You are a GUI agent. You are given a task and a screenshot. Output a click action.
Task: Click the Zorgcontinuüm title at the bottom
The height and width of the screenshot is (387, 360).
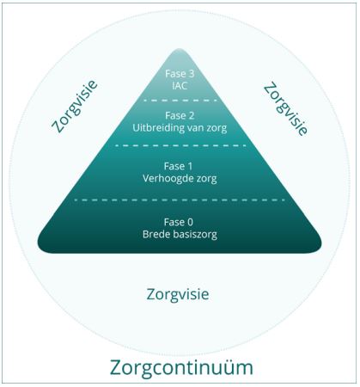(181, 368)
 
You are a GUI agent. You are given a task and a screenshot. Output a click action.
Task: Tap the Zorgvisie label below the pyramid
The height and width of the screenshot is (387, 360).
(178, 295)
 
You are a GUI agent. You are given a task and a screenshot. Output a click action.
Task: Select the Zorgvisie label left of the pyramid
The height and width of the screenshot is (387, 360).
(75, 107)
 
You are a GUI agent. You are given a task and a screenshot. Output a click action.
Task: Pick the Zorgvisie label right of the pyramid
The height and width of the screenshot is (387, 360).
(286, 108)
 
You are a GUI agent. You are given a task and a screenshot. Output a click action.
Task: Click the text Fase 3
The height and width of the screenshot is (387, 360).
(180, 74)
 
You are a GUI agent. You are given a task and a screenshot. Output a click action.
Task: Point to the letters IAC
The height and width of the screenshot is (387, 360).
(180, 86)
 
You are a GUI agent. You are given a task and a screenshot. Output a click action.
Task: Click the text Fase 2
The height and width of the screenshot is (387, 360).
(180, 116)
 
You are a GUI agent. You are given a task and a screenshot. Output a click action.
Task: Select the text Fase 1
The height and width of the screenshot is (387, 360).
(179, 167)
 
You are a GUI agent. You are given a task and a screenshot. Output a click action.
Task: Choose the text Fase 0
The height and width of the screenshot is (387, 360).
(179, 222)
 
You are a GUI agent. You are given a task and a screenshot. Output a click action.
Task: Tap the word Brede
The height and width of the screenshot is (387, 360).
(155, 235)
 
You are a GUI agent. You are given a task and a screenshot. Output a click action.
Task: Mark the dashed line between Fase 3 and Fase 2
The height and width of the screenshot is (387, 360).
(180, 101)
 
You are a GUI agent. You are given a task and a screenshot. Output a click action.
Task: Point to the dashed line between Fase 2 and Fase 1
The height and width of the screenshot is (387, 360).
(180, 145)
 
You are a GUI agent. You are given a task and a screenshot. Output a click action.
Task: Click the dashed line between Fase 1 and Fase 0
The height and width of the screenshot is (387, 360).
(180, 200)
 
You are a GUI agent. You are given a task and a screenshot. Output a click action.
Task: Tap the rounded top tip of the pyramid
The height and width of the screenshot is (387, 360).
(180, 49)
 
